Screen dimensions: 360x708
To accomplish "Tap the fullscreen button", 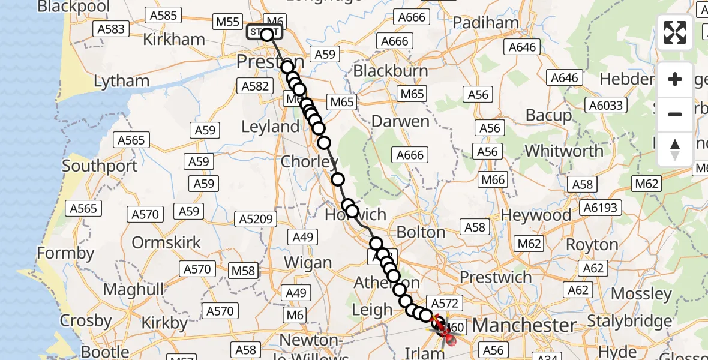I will tap(675, 32).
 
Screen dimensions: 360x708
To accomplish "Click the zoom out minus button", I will tap(675, 114).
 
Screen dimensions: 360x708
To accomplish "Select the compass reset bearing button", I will tap(675, 148).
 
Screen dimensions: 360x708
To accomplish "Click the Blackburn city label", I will tap(391, 71).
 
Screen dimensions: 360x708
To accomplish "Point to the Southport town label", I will tap(100, 166).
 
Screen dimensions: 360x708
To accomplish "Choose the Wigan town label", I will tap(308, 263).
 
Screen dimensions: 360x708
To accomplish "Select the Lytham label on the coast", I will tap(122, 81).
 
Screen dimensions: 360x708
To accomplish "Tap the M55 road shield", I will tap(228, 22).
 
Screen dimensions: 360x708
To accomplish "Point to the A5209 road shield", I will tap(256, 220).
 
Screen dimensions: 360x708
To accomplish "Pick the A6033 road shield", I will tap(607, 106).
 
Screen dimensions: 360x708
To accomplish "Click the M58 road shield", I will tap(244, 271).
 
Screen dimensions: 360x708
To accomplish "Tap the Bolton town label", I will tap(421, 232).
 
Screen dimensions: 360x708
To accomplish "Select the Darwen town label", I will tap(400, 121).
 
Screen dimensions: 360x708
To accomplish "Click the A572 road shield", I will tap(443, 303).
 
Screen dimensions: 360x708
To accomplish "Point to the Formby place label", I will tap(65, 253).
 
